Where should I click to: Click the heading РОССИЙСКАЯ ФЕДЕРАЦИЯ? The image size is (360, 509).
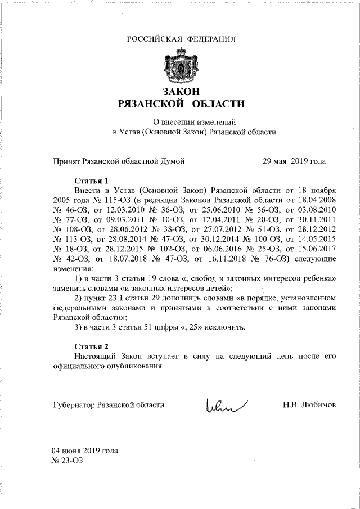[181, 39]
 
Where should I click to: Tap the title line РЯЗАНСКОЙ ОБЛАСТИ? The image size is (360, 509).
[181, 103]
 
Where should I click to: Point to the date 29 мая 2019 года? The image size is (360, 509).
[294, 161]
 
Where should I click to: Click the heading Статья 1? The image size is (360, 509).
[92, 181]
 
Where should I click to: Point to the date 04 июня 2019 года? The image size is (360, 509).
[85, 451]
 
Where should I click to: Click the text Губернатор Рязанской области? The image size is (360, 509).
[109, 404]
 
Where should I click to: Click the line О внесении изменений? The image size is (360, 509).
[194, 121]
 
